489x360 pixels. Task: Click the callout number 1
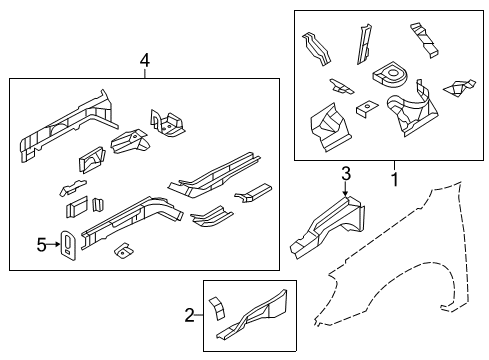(x=393, y=179)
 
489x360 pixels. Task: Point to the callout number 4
(x=144, y=62)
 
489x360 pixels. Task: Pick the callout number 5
(x=42, y=242)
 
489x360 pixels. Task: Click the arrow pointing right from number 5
(x=54, y=242)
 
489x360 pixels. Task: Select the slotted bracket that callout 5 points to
(x=68, y=245)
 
